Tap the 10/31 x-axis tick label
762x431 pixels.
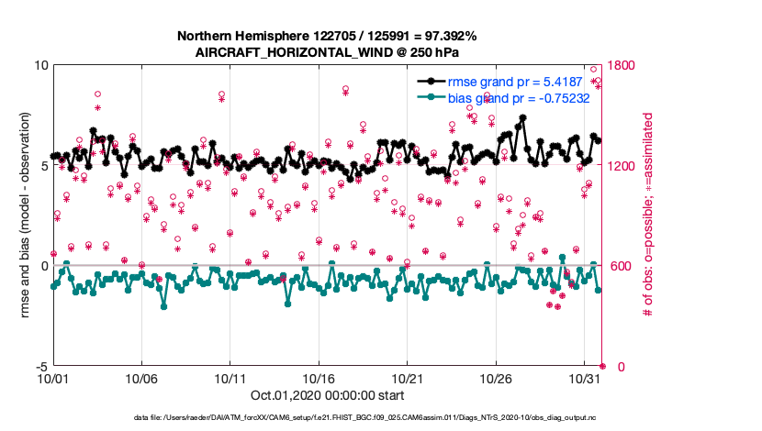585,378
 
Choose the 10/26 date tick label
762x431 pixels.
497,378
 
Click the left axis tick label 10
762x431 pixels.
40,66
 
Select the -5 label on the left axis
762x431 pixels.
40,366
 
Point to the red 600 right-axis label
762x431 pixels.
620,266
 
